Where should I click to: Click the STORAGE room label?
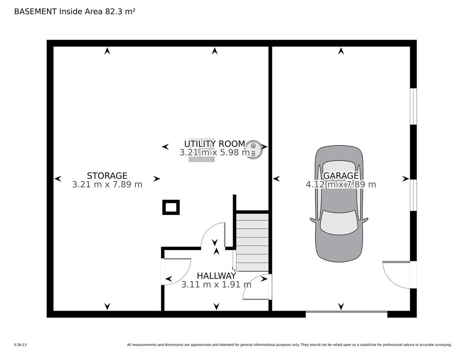coord(107,176)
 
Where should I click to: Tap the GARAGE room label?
coord(341,176)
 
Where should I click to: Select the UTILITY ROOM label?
coord(214,144)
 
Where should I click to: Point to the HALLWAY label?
coord(216,276)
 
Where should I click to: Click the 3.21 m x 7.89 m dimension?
coord(107,184)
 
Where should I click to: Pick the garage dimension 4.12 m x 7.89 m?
coord(341,184)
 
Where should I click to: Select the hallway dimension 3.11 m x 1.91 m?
coord(216,285)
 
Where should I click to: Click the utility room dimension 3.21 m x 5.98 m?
coord(214,153)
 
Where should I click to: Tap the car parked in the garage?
coord(339,204)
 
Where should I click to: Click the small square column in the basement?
coord(171,207)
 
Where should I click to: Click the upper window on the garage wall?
coord(413,106)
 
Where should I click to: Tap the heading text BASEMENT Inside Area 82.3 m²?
coord(75,12)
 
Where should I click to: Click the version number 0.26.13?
coord(21,345)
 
